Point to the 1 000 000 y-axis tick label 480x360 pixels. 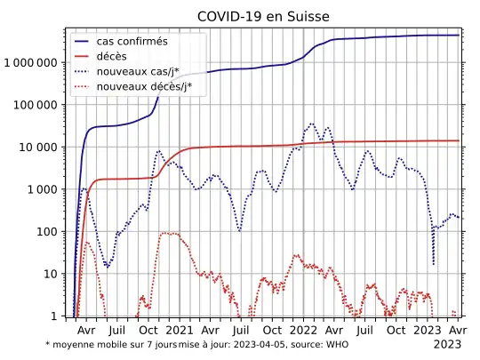click(x=31, y=63)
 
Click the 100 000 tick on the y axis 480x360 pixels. click(x=36, y=105)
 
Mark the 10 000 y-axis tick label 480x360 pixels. click(x=39, y=148)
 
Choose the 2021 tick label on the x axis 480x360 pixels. click(x=180, y=330)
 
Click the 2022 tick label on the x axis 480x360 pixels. click(x=304, y=330)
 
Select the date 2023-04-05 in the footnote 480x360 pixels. click(x=263, y=344)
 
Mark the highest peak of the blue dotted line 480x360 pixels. click(x=311, y=124)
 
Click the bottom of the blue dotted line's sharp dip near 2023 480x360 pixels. click(x=433, y=264)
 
